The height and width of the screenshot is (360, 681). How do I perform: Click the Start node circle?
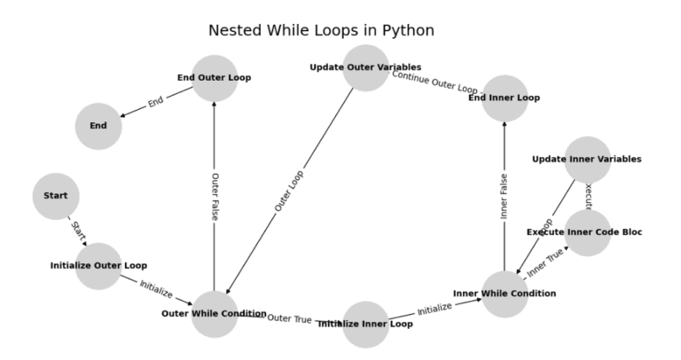(x=56, y=196)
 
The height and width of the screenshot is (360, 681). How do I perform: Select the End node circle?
(x=98, y=126)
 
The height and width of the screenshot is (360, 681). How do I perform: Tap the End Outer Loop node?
(x=214, y=78)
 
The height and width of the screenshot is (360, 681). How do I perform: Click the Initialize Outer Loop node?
(x=98, y=265)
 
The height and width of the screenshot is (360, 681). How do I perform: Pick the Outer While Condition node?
(x=214, y=314)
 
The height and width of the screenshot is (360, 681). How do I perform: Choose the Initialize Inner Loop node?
(x=365, y=324)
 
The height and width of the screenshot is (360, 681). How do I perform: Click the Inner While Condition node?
(x=505, y=293)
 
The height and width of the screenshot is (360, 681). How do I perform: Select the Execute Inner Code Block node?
(x=588, y=232)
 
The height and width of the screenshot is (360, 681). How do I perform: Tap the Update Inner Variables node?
(x=587, y=160)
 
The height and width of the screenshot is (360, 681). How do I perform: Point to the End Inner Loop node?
(x=505, y=98)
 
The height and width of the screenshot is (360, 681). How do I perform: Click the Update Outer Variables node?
(x=365, y=67)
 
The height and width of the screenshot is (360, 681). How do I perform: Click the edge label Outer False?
(x=215, y=196)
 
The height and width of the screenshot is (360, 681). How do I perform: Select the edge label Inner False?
(x=505, y=196)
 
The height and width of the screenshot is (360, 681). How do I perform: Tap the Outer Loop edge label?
(x=289, y=191)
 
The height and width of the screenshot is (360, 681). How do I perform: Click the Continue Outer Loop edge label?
(x=435, y=82)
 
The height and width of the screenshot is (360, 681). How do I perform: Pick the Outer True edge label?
(x=289, y=318)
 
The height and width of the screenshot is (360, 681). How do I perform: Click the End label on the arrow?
(x=156, y=102)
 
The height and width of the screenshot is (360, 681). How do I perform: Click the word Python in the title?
(x=405, y=31)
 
